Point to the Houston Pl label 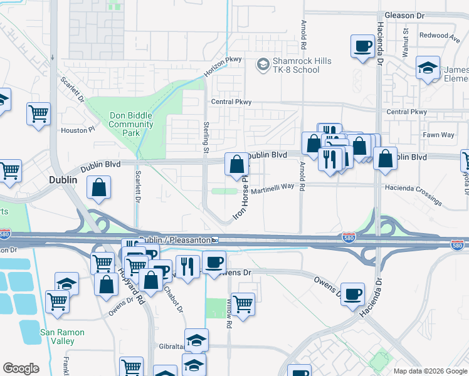click(77, 130)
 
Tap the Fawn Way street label click(439, 135)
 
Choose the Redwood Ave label click(440, 36)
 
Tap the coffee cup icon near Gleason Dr click(362, 47)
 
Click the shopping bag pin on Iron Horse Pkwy click(236, 165)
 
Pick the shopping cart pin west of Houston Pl click(38, 115)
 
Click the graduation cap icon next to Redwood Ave click(428, 69)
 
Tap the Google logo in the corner click(21, 368)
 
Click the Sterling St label click(206, 137)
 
